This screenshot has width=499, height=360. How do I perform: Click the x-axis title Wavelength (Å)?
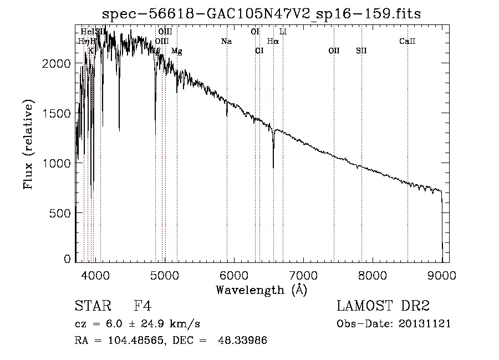(261, 290)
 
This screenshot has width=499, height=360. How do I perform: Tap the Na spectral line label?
(226, 42)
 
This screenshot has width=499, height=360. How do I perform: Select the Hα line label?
(273, 42)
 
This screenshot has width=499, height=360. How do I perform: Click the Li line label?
(283, 32)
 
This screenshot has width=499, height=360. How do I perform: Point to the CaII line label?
(408, 42)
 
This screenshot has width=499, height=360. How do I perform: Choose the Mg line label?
(176, 52)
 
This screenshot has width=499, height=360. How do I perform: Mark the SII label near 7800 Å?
(361, 51)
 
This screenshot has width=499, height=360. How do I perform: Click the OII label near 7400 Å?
(334, 51)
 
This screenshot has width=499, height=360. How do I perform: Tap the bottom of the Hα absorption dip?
(273, 168)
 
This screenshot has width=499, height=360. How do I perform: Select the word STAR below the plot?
(89, 306)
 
